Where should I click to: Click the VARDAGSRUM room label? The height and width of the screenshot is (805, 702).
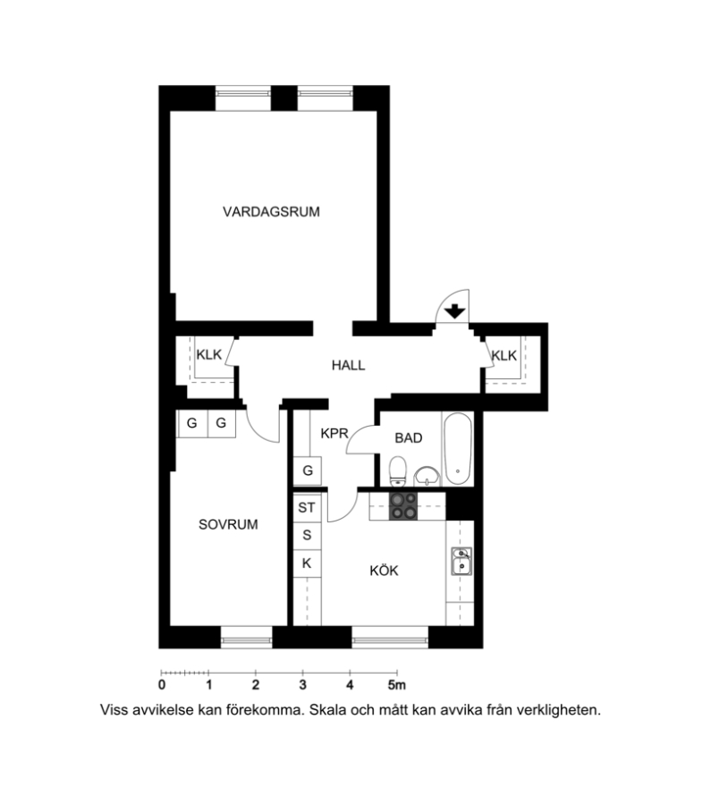[x=271, y=211]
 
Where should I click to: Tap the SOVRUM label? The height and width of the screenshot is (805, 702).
[x=228, y=524]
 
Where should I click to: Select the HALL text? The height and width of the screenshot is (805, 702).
[x=348, y=365]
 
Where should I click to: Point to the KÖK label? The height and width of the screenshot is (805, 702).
[x=384, y=570]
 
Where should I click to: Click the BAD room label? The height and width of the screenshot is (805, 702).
[x=409, y=438]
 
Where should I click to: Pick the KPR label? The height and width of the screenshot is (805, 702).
[x=334, y=433]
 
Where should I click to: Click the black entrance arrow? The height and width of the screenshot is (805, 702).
[x=454, y=311]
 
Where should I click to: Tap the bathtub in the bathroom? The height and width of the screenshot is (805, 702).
[x=458, y=449]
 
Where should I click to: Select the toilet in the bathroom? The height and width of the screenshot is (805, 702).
[x=398, y=471]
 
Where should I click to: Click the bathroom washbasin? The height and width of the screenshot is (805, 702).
[x=427, y=476]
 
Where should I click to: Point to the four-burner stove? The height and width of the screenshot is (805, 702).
[x=403, y=506]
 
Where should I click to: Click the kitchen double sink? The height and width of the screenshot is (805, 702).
[x=461, y=561]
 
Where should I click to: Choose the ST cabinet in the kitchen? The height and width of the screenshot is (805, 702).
[x=307, y=508]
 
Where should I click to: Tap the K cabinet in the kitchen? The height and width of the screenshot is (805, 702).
[x=307, y=563]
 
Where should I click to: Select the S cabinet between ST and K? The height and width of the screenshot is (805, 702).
[x=307, y=536]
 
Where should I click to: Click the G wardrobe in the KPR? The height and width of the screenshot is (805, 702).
[x=308, y=470]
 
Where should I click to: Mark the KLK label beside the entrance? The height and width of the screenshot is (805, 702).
[x=504, y=355]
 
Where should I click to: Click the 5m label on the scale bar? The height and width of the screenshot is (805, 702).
[x=397, y=685]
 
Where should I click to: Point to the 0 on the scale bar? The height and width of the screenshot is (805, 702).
[x=162, y=685]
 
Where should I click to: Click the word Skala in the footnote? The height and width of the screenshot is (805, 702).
[x=326, y=710]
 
